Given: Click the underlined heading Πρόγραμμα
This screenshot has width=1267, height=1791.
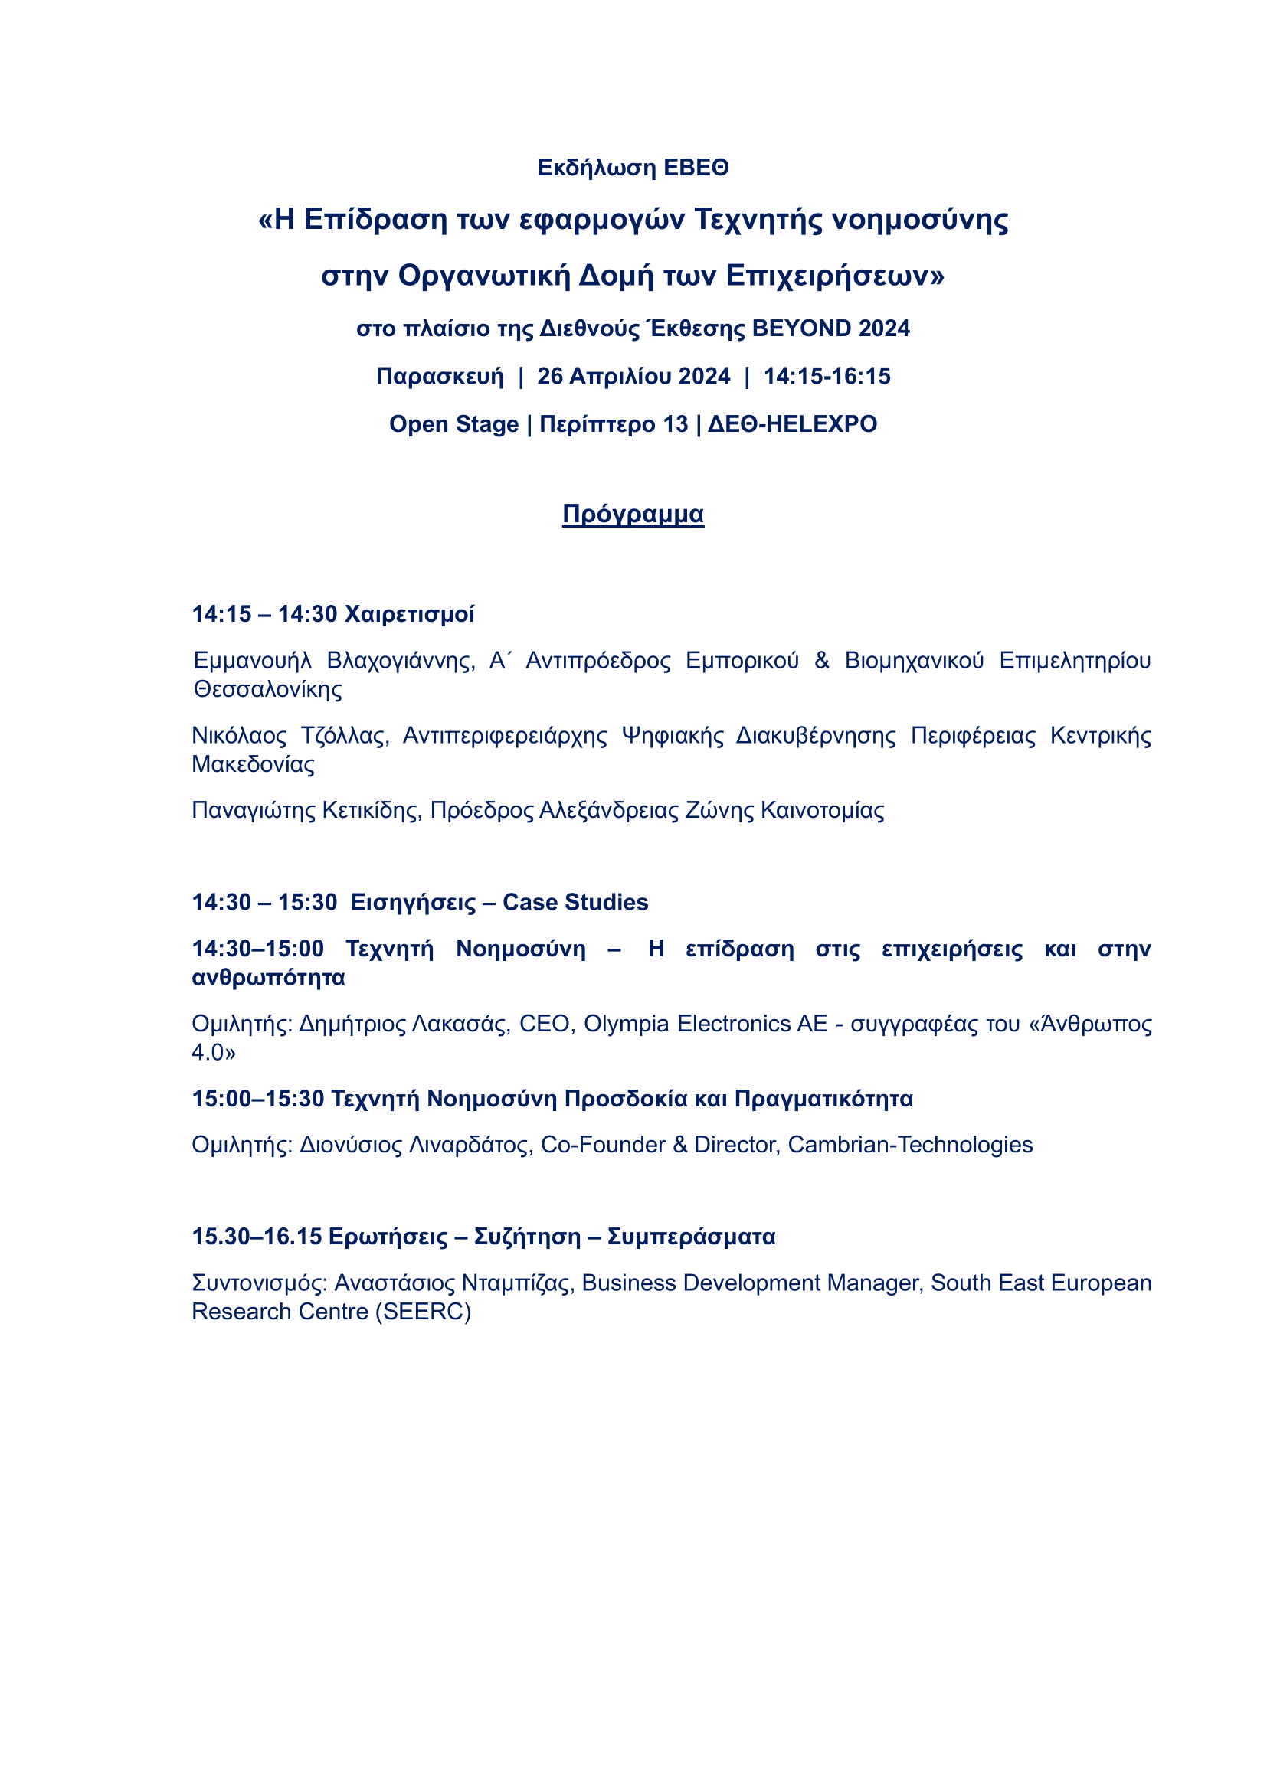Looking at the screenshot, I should click(x=633, y=515).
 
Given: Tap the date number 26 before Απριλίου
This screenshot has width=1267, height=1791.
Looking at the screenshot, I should click(x=550, y=376).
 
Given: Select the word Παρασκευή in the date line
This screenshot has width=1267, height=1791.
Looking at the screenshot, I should click(x=440, y=377).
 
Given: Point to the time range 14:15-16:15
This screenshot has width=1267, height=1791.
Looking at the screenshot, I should click(x=827, y=376).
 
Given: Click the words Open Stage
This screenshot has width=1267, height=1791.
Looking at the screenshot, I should click(x=453, y=424).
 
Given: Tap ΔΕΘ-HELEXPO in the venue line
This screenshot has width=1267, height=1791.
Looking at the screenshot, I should click(x=792, y=424).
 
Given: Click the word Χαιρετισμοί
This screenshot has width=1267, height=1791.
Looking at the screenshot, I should click(x=410, y=615).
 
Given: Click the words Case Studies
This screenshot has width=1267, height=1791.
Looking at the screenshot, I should click(x=575, y=903).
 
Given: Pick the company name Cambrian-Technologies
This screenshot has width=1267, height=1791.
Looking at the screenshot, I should click(x=910, y=1144).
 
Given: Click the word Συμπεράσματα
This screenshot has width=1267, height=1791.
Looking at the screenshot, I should click(x=690, y=1237).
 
